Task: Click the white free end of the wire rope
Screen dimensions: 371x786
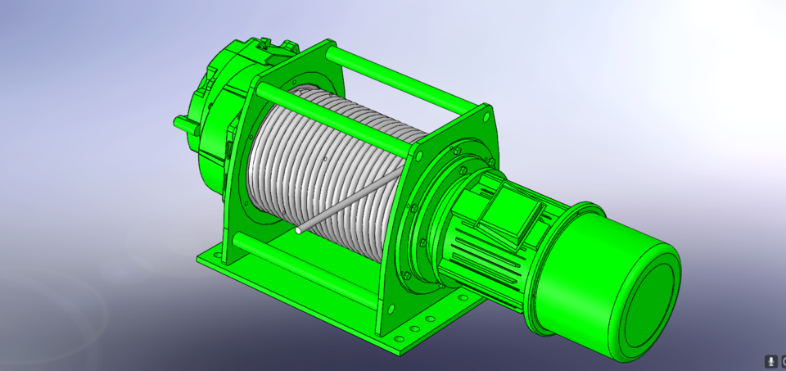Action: pyautogui.click(x=299, y=231)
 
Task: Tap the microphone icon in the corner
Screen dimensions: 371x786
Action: pyautogui.click(x=770, y=360)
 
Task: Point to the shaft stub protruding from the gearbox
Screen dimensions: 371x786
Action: pyautogui.click(x=182, y=123)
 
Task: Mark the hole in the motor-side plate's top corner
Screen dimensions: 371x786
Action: pyautogui.click(x=486, y=115)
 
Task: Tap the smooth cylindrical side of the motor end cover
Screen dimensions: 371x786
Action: pyautogui.click(x=573, y=270)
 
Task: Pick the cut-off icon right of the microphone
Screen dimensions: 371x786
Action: pyautogui.click(x=783, y=360)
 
